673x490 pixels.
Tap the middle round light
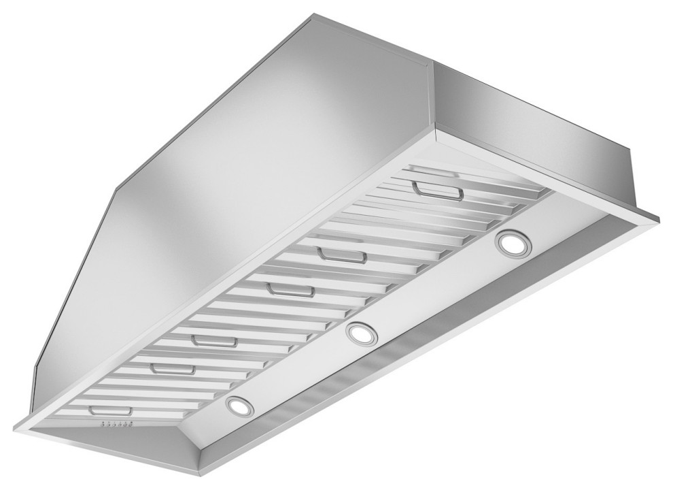coord(360,333)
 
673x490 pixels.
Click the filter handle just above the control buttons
coord(109,411)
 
